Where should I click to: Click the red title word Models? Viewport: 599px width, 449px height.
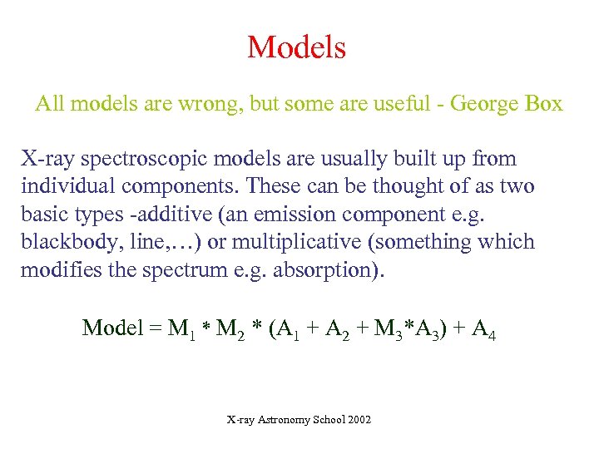tap(296, 47)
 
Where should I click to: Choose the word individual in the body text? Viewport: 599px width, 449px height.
tap(68, 186)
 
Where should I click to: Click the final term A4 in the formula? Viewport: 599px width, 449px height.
tap(484, 329)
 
